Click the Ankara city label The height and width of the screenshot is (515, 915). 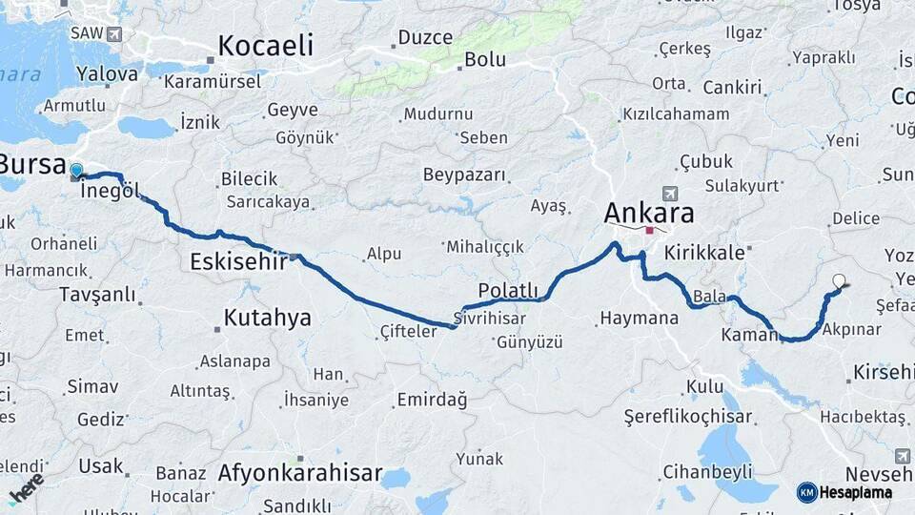[x=649, y=212]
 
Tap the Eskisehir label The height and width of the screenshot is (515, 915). [x=238, y=261]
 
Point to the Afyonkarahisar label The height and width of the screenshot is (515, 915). [x=299, y=472]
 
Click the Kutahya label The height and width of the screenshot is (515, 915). [x=267, y=318]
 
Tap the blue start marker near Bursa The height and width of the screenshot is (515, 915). [x=76, y=172]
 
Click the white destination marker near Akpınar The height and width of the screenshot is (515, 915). [x=839, y=281]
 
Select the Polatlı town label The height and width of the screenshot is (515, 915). [x=508, y=291]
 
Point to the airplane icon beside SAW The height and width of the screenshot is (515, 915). [x=115, y=34]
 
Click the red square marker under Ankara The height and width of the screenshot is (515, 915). [x=650, y=230]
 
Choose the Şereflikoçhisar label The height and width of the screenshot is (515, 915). [x=687, y=417]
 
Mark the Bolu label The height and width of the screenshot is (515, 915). [x=484, y=59]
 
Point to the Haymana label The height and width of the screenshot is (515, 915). [x=639, y=318]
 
